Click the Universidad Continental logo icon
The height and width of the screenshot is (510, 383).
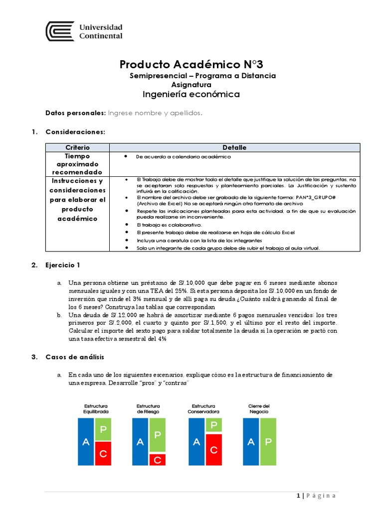(x=60, y=31)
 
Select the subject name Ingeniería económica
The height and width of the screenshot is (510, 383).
(x=191, y=94)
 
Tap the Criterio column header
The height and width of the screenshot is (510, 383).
(x=77, y=147)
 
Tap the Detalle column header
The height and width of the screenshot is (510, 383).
(x=234, y=147)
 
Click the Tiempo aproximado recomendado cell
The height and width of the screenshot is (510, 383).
(x=77, y=164)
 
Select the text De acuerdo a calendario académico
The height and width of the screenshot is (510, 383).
(x=184, y=156)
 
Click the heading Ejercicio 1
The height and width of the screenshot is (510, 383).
(x=62, y=265)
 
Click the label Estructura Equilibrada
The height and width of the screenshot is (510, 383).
(x=96, y=409)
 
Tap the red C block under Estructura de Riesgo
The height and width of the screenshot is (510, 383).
(x=158, y=460)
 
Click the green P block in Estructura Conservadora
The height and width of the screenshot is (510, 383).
(x=214, y=425)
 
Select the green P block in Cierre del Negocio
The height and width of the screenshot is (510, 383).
(x=268, y=442)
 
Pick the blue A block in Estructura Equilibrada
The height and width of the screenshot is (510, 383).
(x=85, y=442)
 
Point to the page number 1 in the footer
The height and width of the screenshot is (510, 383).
(x=298, y=496)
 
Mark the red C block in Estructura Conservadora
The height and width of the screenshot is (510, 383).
(x=214, y=450)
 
